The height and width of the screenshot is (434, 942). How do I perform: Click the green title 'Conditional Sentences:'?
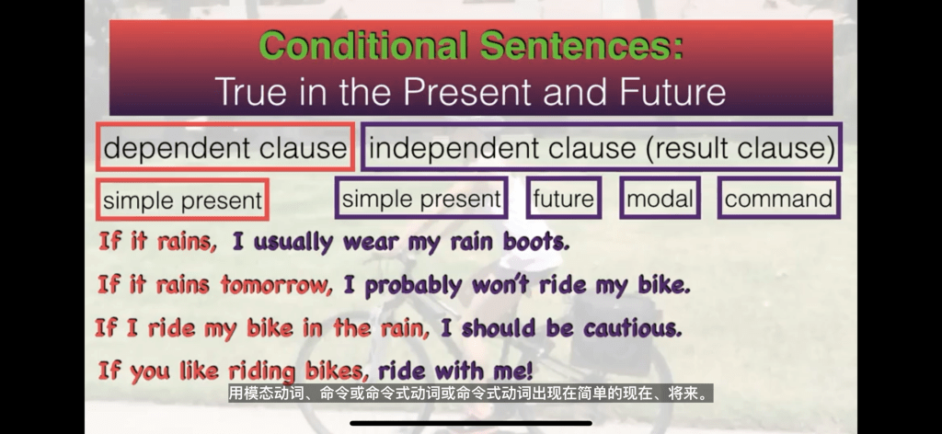point(472,45)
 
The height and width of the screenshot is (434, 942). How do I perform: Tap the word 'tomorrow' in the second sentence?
point(276,284)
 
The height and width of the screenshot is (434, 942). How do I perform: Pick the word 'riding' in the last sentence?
point(262,371)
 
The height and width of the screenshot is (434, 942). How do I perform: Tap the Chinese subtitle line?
point(470,394)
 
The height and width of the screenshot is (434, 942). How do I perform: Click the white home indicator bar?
point(470,423)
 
